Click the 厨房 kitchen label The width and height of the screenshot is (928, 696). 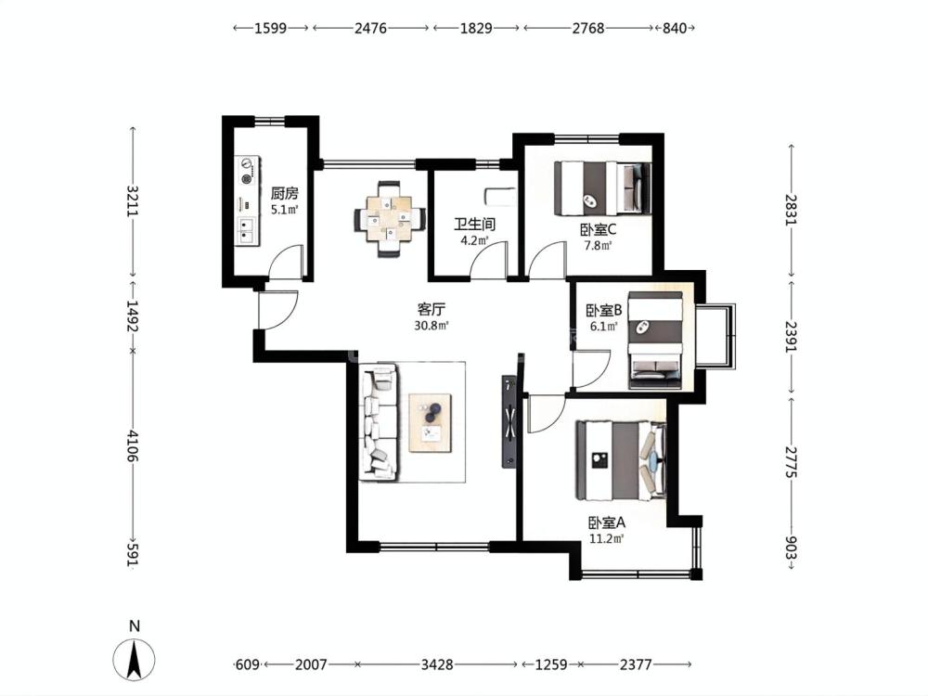[285, 194]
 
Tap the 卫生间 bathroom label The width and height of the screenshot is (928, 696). [474, 225]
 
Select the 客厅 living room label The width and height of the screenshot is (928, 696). [432, 310]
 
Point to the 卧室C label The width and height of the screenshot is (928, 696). [599, 229]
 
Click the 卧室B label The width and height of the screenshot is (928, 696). [604, 310]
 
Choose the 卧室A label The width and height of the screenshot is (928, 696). [607, 522]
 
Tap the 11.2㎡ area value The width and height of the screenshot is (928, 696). [607, 538]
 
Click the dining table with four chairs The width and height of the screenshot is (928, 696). [390, 219]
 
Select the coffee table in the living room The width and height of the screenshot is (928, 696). [431, 422]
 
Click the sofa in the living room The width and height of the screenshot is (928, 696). [379, 422]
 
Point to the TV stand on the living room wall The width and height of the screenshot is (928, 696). [509, 421]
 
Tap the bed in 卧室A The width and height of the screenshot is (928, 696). [621, 460]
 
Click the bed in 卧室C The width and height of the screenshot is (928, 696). [602, 187]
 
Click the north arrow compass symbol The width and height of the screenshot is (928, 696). [135, 659]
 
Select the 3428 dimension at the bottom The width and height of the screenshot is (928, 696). [437, 664]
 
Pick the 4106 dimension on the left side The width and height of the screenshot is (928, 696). [132, 447]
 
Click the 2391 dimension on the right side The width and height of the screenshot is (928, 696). [792, 336]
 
